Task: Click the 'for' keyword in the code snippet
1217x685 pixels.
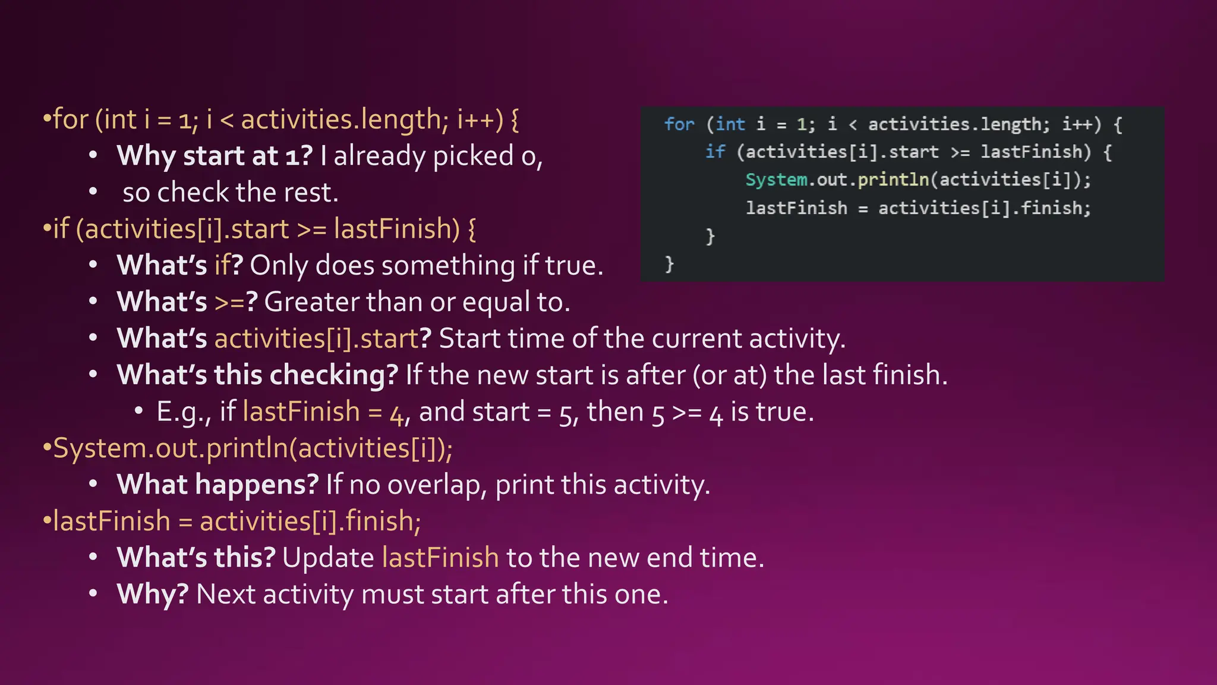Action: (679, 124)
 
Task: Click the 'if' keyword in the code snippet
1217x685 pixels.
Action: (715, 152)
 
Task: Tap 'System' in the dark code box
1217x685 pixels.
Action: (776, 180)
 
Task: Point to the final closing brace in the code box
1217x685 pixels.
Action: (669, 263)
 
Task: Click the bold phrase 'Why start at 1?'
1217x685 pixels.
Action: (215, 156)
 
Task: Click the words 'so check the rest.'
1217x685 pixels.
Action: (231, 193)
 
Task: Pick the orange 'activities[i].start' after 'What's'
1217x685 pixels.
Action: (316, 338)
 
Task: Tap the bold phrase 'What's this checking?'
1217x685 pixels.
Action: (257, 375)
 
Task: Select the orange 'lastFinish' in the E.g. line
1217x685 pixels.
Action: (301, 411)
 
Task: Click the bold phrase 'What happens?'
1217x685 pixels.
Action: (217, 485)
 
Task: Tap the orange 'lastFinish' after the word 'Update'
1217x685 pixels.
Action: (440, 558)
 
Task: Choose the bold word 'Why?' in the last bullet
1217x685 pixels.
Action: (153, 594)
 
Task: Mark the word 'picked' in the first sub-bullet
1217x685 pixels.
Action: (473, 156)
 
